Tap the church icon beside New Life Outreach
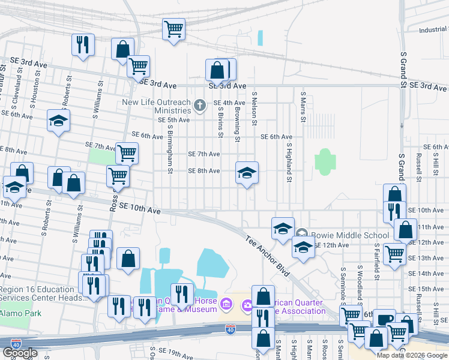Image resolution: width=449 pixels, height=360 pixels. click(x=200, y=107)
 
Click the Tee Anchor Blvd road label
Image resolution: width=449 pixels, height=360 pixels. click(x=268, y=256)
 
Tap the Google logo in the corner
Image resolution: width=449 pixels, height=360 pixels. click(x=20, y=353)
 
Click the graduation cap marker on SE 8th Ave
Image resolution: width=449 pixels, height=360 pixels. click(x=247, y=173)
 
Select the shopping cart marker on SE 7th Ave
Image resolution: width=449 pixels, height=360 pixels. click(x=127, y=154)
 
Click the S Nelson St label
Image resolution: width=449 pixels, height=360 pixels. click(x=255, y=109)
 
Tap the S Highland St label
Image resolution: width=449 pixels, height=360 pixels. click(x=289, y=162)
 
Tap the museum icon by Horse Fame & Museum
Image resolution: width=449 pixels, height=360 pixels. click(x=226, y=305)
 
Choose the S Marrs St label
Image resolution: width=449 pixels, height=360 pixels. click(x=303, y=107)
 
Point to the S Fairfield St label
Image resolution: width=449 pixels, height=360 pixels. click(x=376, y=262)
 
